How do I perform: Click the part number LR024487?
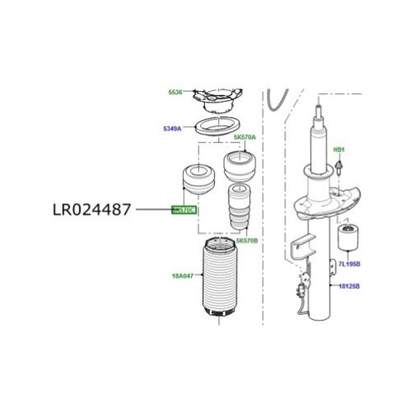coord(93,210)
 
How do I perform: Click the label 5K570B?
coord(247,241)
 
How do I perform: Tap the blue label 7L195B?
coord(350,264)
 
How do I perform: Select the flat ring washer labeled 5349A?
coord(218,128)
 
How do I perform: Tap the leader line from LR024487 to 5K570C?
coord(153,211)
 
